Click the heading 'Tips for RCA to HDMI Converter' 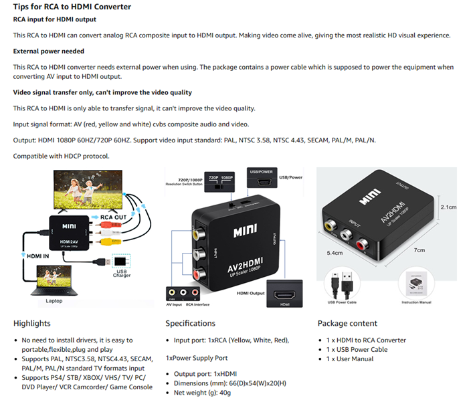(72, 7)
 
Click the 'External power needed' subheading (48, 51)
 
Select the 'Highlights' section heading (31, 324)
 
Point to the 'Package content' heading (347, 324)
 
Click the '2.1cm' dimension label (448, 207)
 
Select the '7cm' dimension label (419, 250)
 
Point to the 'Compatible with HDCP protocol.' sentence (61, 156)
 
